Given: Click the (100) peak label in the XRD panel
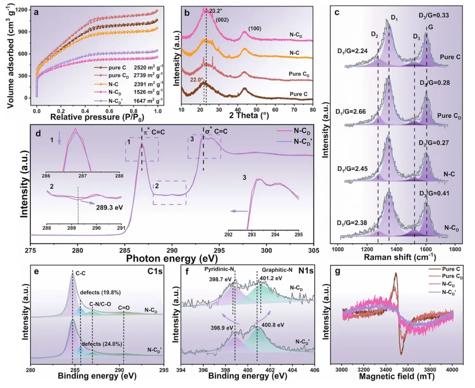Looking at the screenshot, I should coord(256,29).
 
